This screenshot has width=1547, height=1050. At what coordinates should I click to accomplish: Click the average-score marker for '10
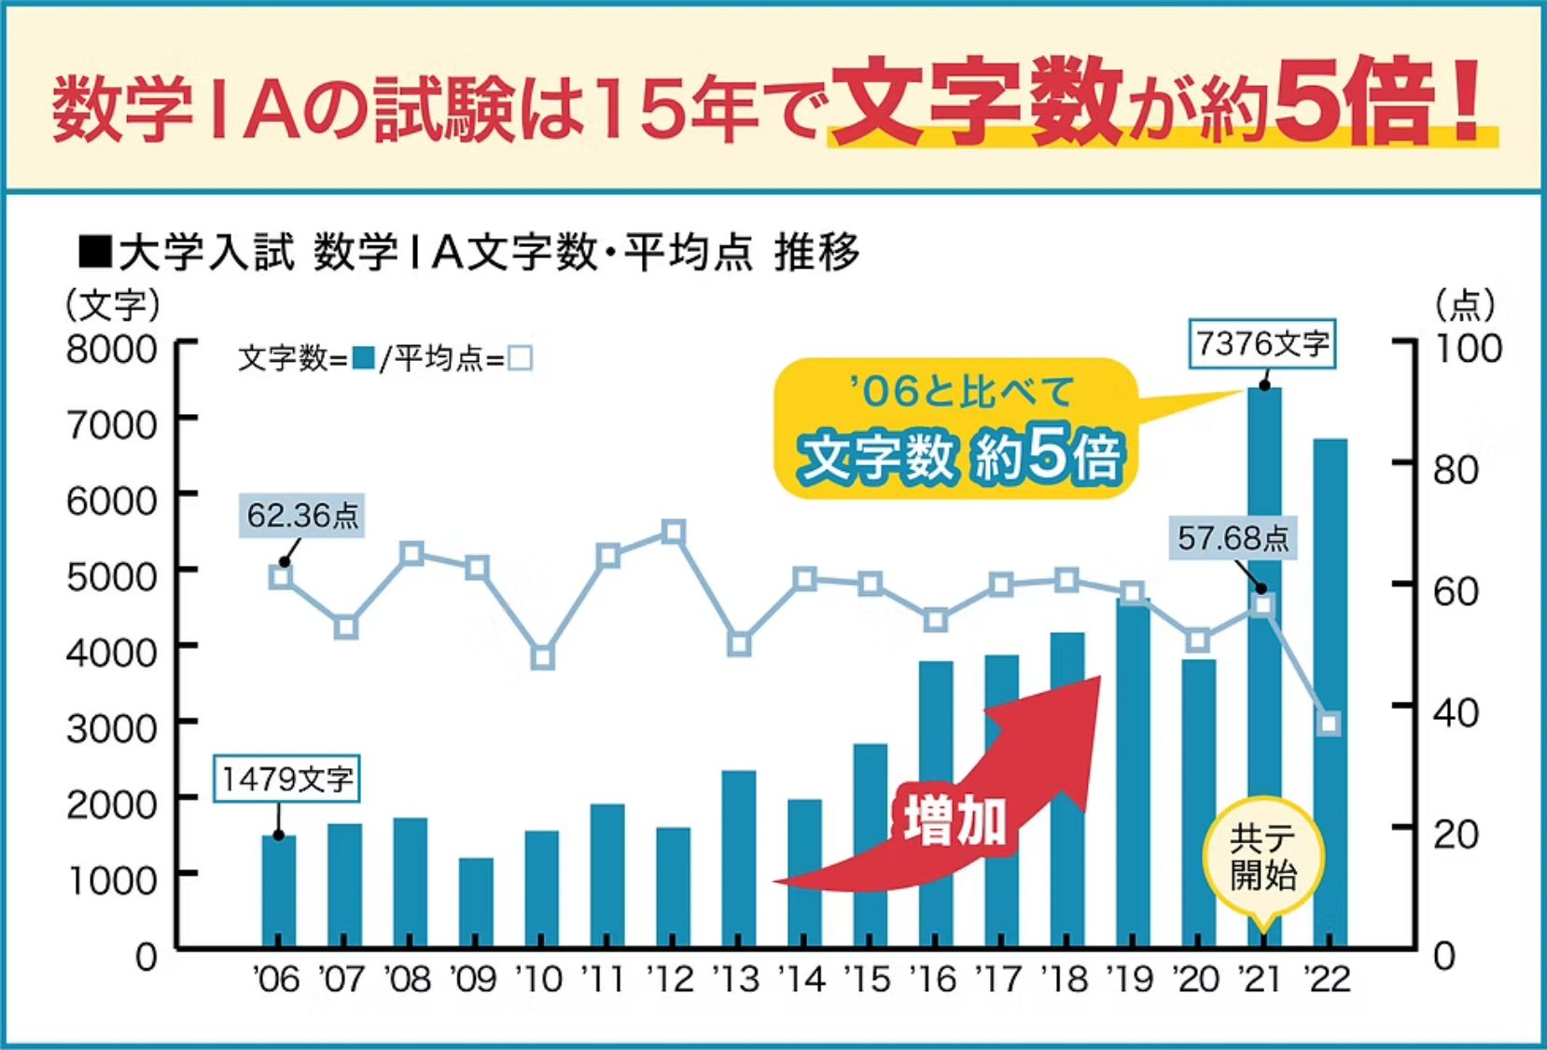543,656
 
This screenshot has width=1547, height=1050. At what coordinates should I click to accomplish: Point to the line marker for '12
674,532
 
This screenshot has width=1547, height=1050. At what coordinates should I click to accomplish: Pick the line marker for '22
1330,724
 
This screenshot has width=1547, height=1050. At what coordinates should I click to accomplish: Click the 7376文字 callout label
1262,344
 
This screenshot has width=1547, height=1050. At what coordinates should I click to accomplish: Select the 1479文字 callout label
286,779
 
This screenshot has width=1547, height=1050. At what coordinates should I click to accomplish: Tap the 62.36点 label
301,516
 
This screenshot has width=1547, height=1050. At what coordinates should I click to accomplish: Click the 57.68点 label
1233,538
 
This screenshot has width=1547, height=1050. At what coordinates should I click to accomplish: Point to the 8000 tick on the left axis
111,350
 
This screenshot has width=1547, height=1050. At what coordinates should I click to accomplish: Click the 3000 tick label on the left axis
111,728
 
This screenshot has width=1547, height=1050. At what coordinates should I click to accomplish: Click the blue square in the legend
364,357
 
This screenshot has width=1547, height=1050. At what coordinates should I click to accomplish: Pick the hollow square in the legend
520,358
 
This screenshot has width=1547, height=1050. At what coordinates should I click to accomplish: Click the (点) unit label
1465,304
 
